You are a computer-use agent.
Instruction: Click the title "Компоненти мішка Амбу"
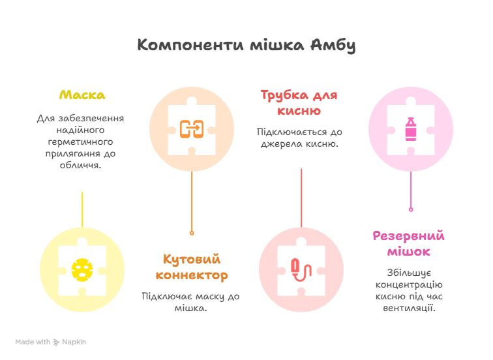click(x=246, y=46)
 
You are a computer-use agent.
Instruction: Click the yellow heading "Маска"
click(x=82, y=95)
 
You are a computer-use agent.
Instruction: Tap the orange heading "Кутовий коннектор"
click(x=192, y=267)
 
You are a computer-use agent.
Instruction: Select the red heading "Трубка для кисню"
click(x=299, y=102)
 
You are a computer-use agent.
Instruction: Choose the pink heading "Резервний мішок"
click(x=409, y=243)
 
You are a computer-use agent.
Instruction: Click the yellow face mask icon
click(x=82, y=270)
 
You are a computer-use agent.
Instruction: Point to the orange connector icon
click(x=192, y=128)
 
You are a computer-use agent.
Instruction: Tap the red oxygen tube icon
click(x=301, y=269)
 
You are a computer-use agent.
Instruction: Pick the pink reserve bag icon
click(x=411, y=128)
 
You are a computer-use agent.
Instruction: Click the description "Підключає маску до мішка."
click(x=191, y=301)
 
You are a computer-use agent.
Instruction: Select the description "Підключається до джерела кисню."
click(x=299, y=138)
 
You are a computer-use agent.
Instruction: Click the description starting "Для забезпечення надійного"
click(x=81, y=142)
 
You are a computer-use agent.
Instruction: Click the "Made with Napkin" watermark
click(x=51, y=342)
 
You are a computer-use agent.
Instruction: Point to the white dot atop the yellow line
click(x=82, y=190)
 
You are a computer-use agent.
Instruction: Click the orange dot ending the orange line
click(x=191, y=232)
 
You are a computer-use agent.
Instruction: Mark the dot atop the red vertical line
click(x=301, y=167)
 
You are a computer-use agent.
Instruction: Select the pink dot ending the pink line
click(x=411, y=209)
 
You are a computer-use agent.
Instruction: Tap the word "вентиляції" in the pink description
click(x=410, y=307)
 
